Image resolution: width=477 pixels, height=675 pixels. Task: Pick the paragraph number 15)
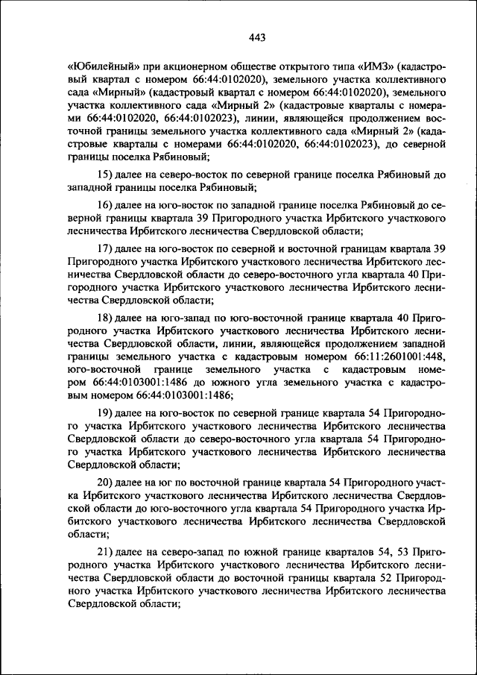coord(106,174)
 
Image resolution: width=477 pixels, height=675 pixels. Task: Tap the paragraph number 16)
coord(106,204)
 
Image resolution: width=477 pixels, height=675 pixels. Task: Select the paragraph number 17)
coord(106,248)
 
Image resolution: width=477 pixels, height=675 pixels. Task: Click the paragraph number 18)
coord(106,317)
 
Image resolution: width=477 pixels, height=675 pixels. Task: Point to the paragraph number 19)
coord(106,412)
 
